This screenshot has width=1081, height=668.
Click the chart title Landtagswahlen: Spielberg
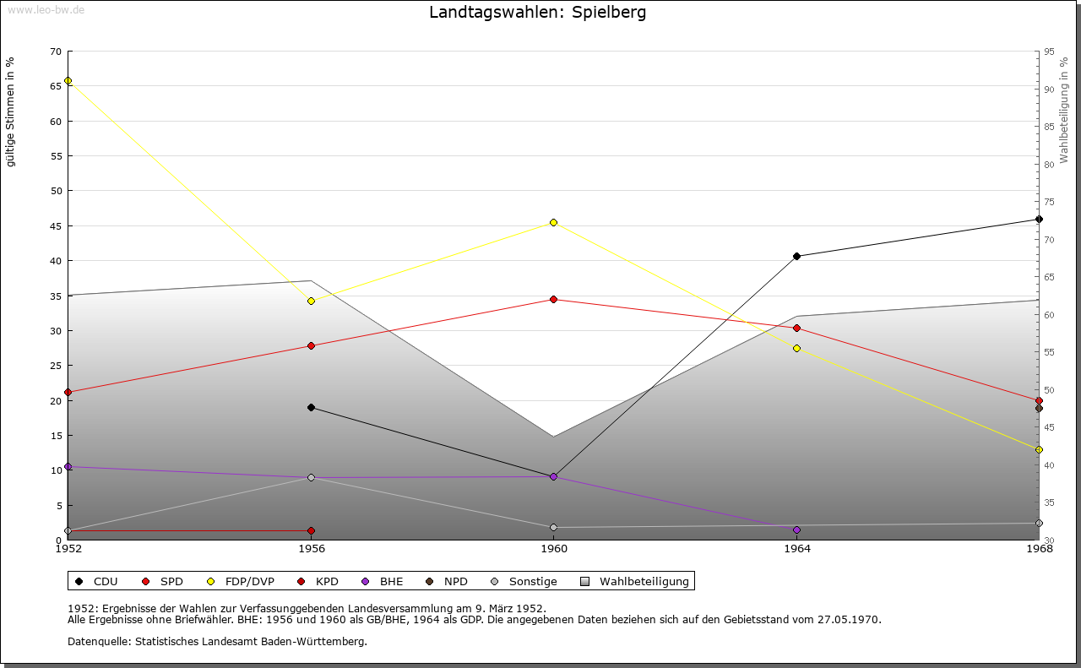click(x=538, y=13)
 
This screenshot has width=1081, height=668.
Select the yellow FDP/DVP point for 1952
click(x=68, y=81)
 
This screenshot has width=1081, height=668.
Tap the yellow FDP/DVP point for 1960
click(x=554, y=223)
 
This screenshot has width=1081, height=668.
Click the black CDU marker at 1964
click(x=796, y=256)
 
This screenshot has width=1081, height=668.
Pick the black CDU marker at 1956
click(x=312, y=408)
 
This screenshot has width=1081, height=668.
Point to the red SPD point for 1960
click(x=554, y=299)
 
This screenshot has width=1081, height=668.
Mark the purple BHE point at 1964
click(x=796, y=530)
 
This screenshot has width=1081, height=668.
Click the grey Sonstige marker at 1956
click(x=312, y=478)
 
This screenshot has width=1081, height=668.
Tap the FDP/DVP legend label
click(x=249, y=581)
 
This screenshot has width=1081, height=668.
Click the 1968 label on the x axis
click(x=1039, y=549)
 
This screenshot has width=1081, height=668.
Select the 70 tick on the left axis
click(x=55, y=52)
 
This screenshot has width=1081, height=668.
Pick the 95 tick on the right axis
click(x=1050, y=52)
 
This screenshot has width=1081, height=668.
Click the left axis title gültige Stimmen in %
click(x=11, y=112)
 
